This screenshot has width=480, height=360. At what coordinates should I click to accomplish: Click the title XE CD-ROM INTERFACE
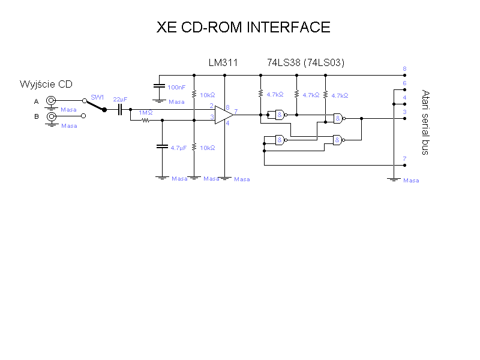[x=244, y=28]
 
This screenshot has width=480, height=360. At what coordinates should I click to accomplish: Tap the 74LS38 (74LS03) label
[x=305, y=62]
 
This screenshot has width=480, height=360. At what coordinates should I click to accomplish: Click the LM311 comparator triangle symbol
[x=224, y=114]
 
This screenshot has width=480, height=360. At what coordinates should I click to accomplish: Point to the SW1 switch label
[x=97, y=97]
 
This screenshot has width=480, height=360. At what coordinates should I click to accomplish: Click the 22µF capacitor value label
[x=120, y=99]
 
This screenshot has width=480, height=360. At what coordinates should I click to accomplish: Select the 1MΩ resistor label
[x=146, y=113]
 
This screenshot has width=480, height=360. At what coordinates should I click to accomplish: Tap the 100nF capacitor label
[x=177, y=88]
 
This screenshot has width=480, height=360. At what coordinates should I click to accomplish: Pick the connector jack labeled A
[x=52, y=101]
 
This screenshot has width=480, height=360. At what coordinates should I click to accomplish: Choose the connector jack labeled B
[x=52, y=116]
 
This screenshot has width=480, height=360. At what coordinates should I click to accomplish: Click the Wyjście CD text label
[x=46, y=84]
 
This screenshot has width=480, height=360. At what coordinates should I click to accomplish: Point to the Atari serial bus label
[x=425, y=122]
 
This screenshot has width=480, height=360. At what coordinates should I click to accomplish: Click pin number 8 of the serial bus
[x=405, y=69]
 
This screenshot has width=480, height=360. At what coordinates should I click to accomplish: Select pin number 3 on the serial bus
[x=405, y=112]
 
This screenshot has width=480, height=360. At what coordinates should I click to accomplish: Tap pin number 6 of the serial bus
[x=405, y=83]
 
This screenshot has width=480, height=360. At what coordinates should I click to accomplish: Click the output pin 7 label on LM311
[x=236, y=111]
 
